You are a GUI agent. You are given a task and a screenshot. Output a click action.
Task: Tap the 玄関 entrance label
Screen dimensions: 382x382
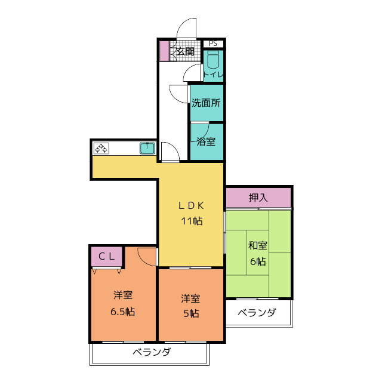[185, 52]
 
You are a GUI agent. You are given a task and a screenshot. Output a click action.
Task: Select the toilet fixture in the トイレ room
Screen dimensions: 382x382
[214, 61]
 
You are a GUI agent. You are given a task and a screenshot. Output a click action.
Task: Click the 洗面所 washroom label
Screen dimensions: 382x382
[206, 103]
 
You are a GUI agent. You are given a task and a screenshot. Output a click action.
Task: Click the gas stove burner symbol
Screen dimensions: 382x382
[100, 148]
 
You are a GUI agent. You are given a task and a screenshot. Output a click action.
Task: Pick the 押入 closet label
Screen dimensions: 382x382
[258, 196]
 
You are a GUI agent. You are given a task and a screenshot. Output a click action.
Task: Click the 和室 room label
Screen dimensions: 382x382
[258, 245]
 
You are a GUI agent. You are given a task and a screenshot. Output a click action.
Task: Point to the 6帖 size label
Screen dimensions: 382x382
[258, 261]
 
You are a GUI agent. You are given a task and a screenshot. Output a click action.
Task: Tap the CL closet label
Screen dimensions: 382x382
[106, 256]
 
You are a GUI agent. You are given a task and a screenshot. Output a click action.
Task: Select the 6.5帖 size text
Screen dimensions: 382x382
[123, 312]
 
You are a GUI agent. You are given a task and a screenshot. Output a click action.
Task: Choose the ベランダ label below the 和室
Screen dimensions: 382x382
[257, 313]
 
